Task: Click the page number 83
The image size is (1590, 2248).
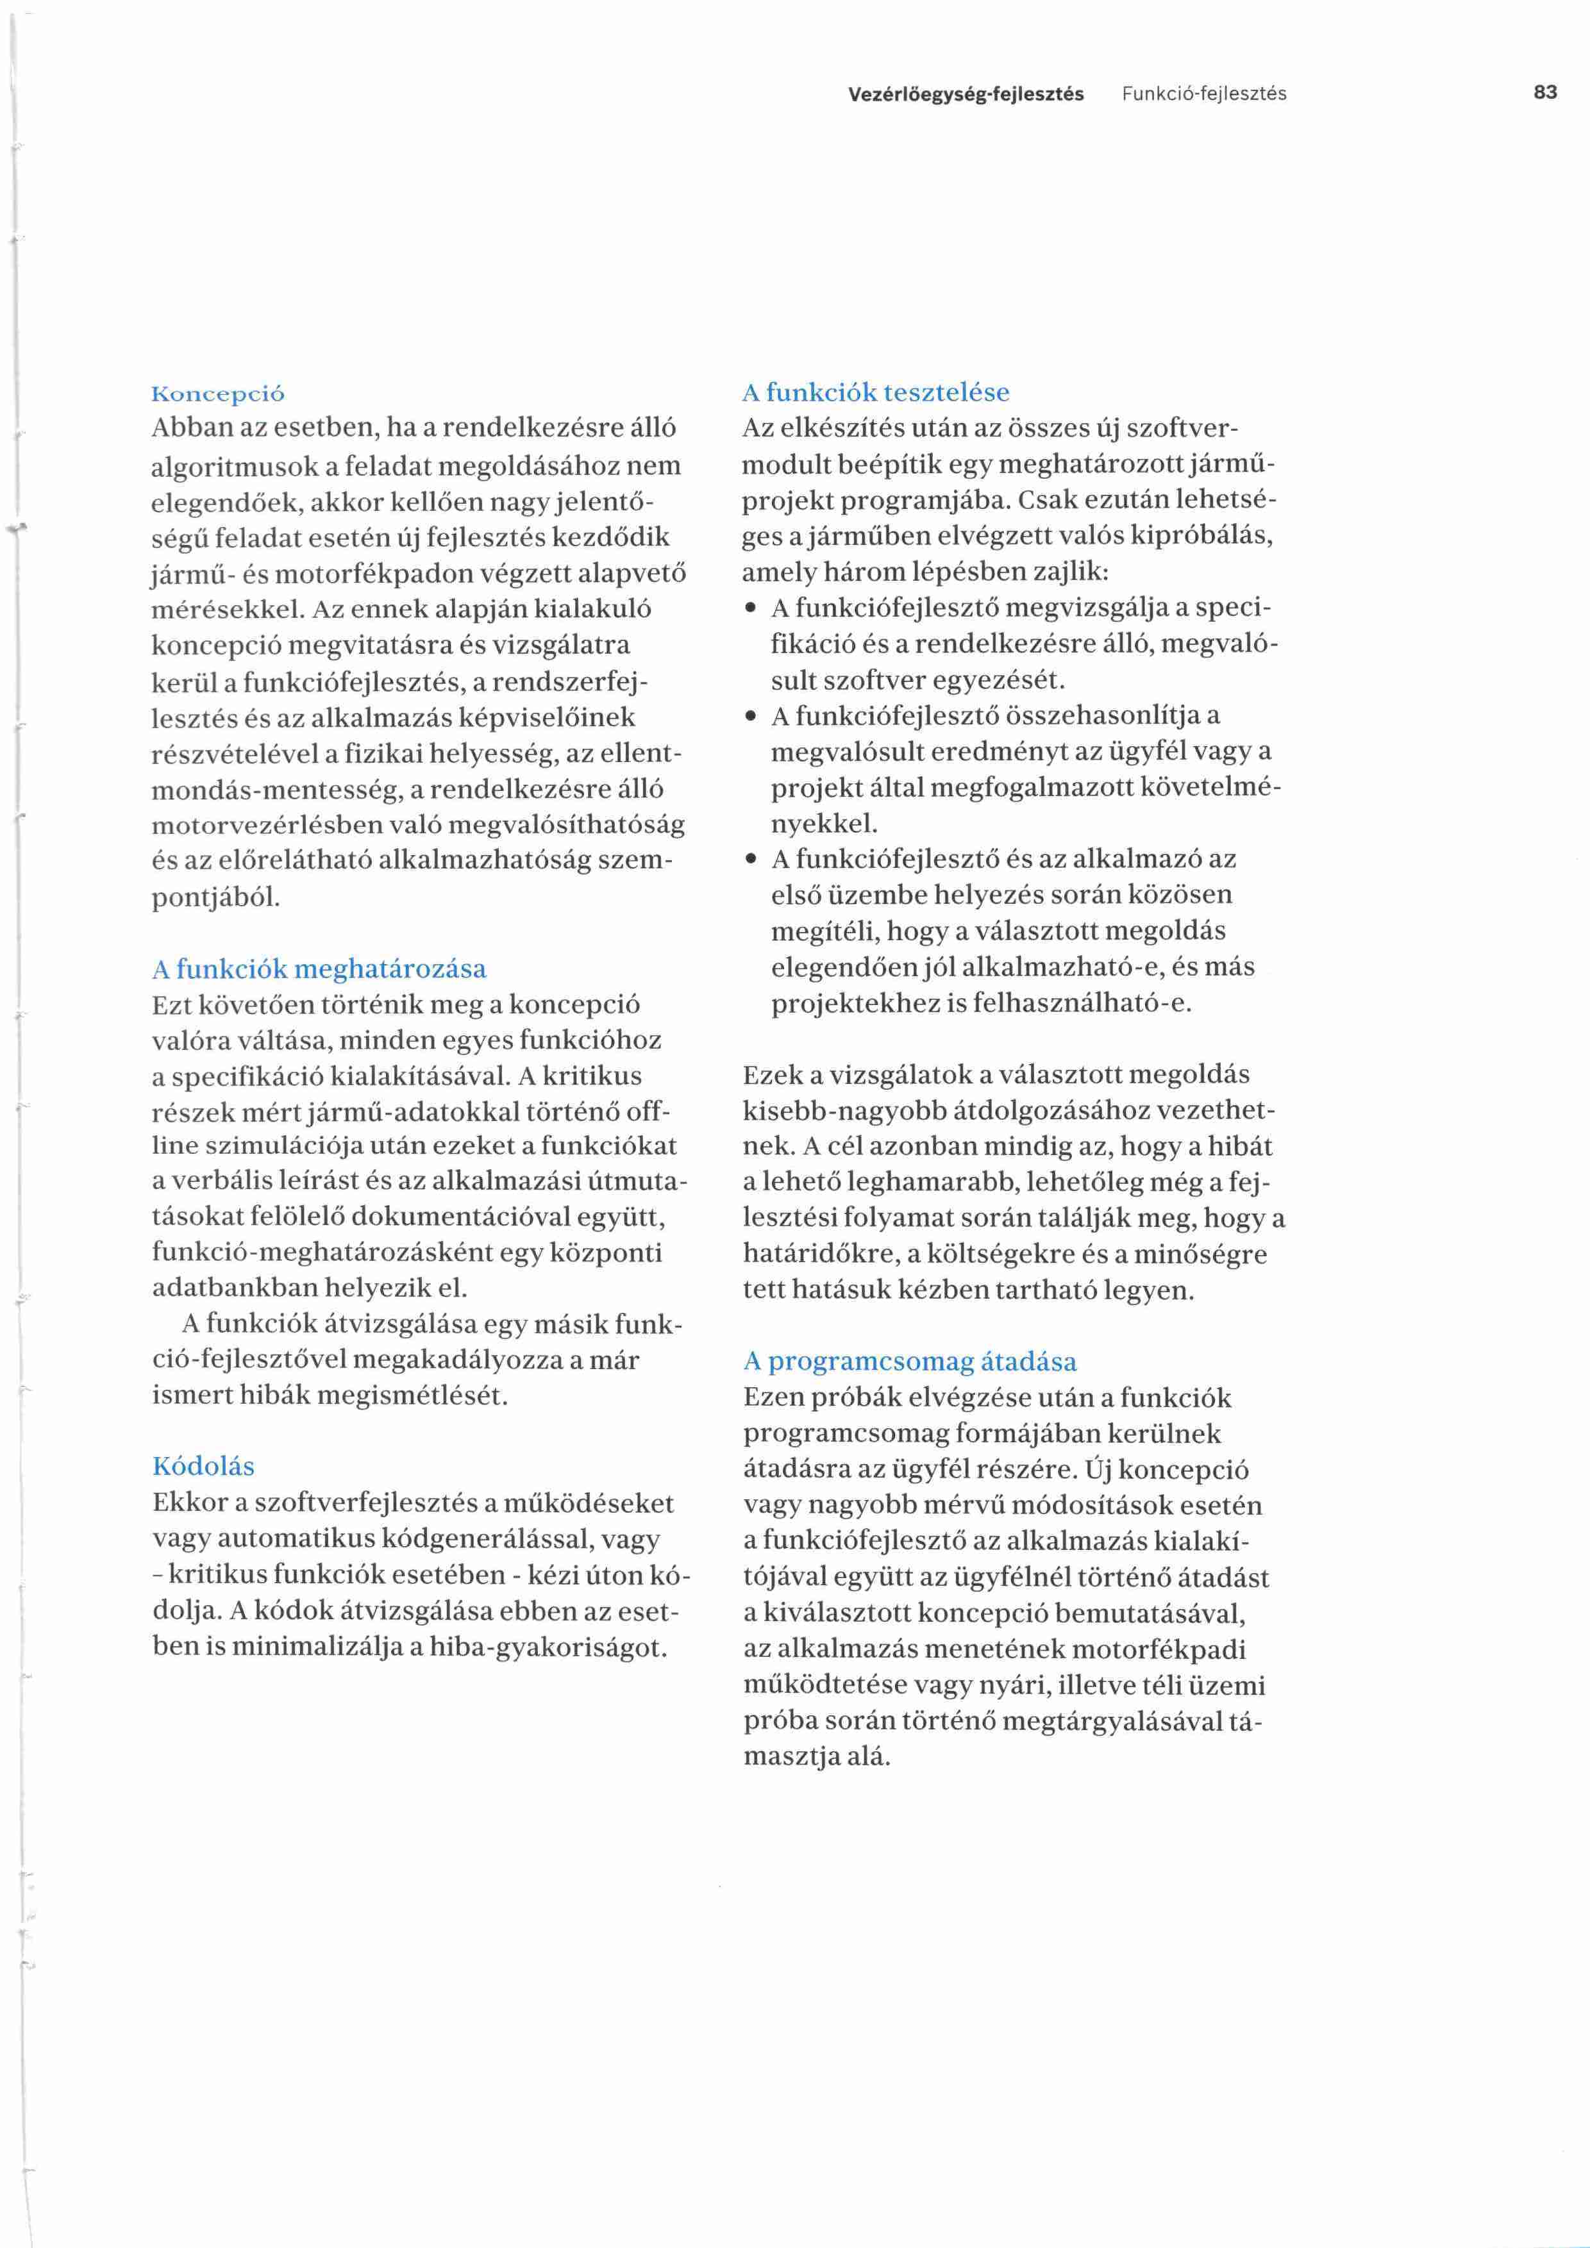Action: pos(1545,93)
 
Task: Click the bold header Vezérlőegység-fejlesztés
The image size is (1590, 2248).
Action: pos(966,94)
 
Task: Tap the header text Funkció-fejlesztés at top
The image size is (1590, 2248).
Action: pos(1203,94)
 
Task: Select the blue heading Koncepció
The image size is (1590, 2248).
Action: pos(219,395)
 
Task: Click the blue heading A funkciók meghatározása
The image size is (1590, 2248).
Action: pos(319,969)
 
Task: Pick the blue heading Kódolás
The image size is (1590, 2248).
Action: pos(204,1466)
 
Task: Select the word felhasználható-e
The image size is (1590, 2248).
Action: pos(1083,1004)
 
